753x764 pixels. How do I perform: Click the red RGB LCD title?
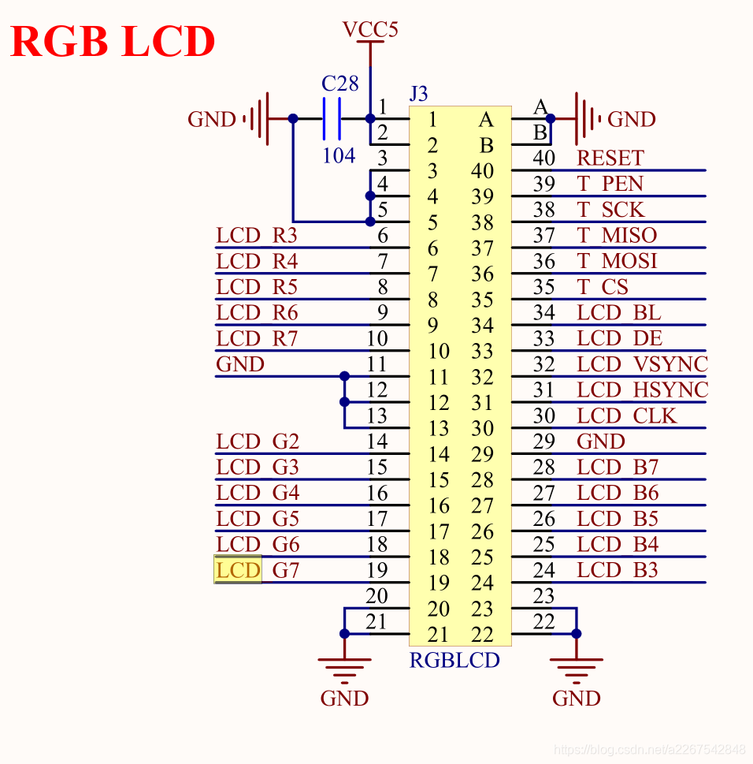113,42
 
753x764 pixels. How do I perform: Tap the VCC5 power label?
370,29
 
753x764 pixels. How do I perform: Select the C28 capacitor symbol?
332,119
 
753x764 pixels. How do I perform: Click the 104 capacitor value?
339,156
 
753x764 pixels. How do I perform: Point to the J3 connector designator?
418,94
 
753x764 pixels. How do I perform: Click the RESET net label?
610,158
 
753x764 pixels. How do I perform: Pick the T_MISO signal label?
618,235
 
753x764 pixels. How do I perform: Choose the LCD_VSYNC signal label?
642,364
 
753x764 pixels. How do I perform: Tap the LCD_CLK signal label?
627,416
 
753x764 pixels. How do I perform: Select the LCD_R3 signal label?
257,235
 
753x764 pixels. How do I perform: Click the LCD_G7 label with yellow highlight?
257,570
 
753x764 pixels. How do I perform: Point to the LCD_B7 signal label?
618,468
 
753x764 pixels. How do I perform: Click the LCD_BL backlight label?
619,312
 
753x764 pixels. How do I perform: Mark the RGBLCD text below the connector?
454,660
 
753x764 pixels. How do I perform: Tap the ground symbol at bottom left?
345,670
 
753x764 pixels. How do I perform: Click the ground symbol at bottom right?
577,670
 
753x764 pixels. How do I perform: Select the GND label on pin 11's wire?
240,364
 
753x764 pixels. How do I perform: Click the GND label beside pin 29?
601,442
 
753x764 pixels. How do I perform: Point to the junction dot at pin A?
551,118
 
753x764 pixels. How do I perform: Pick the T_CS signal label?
603,287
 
